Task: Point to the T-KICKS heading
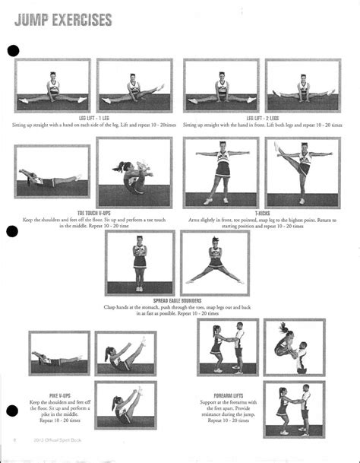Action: (x=263, y=213)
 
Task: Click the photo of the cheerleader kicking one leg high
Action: (x=303, y=172)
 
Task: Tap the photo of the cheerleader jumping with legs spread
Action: (x=215, y=263)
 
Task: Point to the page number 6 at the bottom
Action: (x=15, y=439)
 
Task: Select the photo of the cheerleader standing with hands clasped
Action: (x=139, y=263)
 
